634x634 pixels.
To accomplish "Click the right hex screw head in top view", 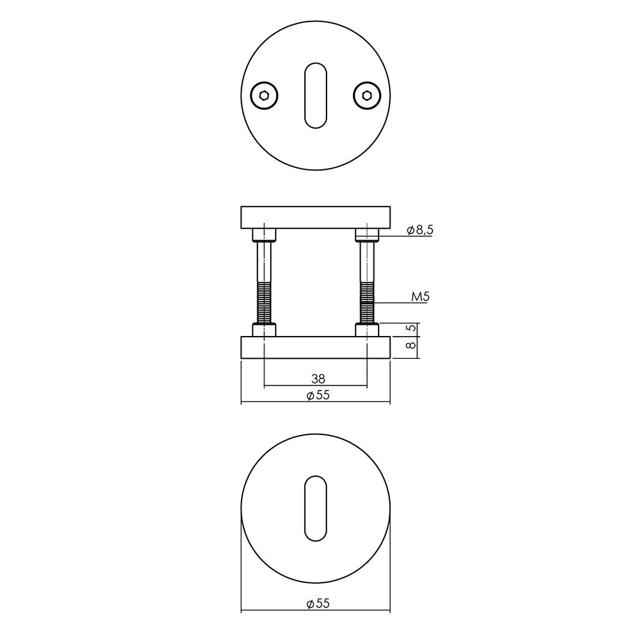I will tap(366, 96).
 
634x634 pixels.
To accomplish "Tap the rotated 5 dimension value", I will tap(410, 328).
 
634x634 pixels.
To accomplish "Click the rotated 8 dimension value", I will tap(410, 346).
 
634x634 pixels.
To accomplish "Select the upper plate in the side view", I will tap(315, 217).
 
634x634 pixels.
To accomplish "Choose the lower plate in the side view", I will tap(315, 347).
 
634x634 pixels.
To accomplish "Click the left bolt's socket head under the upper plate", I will tap(264, 235).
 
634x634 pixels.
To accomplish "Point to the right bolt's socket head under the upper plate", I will tap(366, 235).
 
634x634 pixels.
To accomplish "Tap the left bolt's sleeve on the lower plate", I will tap(264, 330).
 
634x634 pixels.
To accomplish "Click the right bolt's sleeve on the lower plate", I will tap(366, 330).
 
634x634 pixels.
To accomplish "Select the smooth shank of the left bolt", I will tap(264, 263).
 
